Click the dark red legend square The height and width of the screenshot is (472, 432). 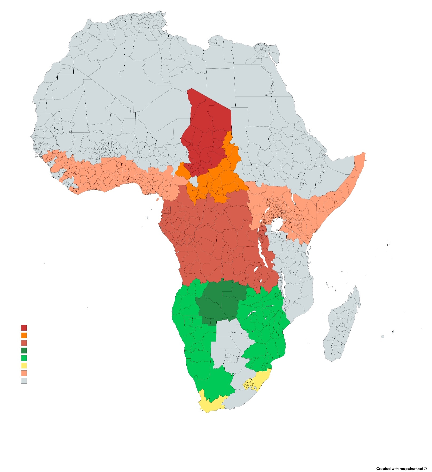point(24,328)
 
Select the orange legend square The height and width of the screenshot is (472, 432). point(24,335)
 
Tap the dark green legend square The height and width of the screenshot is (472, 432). point(24,351)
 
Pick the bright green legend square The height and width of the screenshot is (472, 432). point(24,358)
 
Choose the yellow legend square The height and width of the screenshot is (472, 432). point(24,365)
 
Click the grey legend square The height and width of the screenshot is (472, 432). point(24,381)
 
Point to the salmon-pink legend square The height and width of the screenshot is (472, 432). point(24,373)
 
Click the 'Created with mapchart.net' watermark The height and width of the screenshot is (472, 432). point(401,468)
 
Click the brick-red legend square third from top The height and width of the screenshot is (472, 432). point(24,343)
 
